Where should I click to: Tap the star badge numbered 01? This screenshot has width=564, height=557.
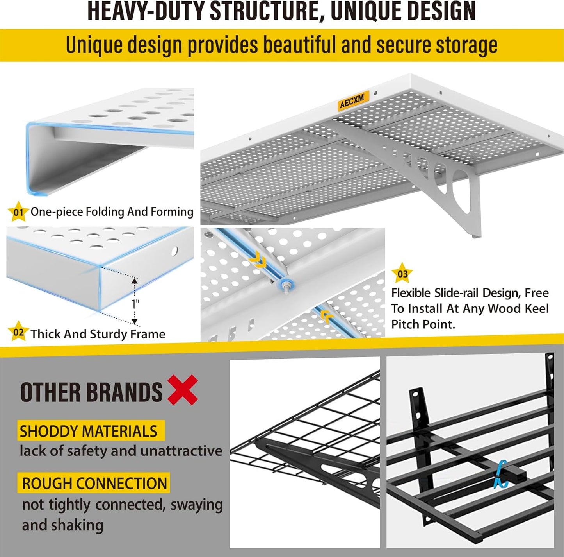[x=18, y=212]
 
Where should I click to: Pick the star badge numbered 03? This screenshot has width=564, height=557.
[x=402, y=273]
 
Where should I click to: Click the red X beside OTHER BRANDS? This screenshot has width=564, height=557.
[x=183, y=390]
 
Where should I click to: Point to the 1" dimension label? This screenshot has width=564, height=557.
[x=135, y=304]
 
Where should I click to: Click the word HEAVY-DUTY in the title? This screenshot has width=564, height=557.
[x=147, y=11]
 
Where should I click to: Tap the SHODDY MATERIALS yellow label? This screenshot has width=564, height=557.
[x=89, y=431]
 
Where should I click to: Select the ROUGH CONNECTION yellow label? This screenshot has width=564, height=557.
[x=94, y=483]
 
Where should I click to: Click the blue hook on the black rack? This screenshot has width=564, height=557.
[x=500, y=474]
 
